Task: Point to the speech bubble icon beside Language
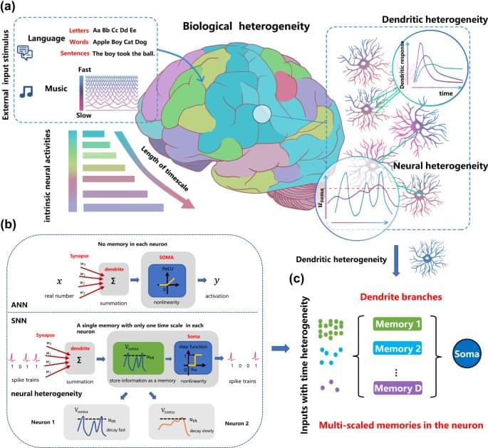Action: pyautogui.click(x=26, y=51)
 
